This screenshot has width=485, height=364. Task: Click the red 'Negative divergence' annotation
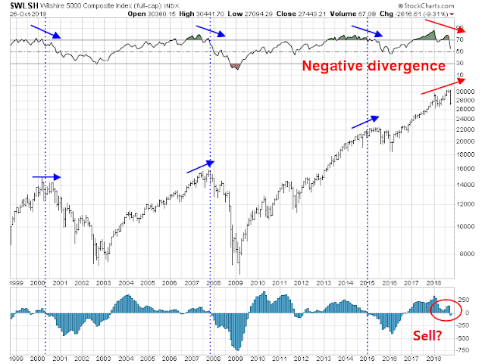coord(374,67)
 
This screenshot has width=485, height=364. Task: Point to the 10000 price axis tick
coord(465,226)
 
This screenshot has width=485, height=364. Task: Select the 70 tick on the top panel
coord(459,39)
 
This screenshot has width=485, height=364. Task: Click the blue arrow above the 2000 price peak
coord(45,177)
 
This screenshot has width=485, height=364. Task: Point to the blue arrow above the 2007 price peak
coord(200,166)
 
